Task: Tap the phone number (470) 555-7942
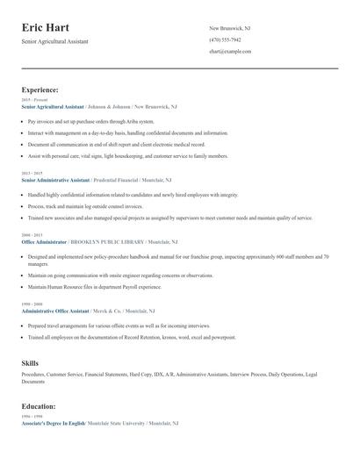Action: [x=225, y=40]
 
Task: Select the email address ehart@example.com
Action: [x=230, y=52]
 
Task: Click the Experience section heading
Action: [x=40, y=89]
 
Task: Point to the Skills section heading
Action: [x=30, y=361]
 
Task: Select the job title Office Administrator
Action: [x=43, y=240]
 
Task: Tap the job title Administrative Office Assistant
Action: [x=54, y=311]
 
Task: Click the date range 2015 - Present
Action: [x=34, y=100]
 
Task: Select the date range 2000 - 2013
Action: [x=32, y=235]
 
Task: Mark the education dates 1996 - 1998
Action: [x=32, y=418]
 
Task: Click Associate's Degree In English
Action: [x=54, y=424]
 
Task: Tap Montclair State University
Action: [x=117, y=424]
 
